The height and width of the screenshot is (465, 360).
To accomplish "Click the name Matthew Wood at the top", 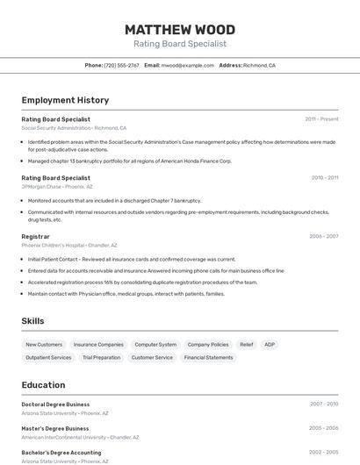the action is coord(179,29).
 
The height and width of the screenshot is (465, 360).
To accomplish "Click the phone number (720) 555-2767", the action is coord(121,66).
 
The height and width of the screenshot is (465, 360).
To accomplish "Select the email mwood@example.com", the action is coord(188,66).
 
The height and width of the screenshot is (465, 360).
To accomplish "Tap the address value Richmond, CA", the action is coord(259,66).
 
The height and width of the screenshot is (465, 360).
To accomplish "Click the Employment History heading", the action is coord(65,100).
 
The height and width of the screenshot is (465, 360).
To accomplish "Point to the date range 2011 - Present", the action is coord(321,119).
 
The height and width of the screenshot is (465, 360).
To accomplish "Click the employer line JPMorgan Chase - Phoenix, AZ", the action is coord(57,186).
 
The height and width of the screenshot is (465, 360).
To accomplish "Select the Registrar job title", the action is coord(36,236).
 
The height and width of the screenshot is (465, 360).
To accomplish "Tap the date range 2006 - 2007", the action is coord(323,236).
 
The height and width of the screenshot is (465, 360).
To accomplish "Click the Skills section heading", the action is coord(33,321).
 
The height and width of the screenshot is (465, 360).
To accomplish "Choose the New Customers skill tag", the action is coord(44,345).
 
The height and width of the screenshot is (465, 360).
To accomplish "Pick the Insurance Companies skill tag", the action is coord(98,345).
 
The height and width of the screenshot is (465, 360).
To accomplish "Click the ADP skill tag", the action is coord(270,345).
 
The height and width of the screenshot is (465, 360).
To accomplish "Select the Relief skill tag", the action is coord(247,345).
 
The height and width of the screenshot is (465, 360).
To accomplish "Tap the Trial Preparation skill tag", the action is coord(101,358).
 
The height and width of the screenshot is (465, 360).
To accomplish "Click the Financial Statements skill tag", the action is coord(208,358).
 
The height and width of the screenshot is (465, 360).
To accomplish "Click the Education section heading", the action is coord(43,385).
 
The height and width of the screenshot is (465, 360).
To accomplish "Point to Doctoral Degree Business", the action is coord(55,404).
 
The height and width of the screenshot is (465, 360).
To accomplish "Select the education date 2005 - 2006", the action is coord(323,428).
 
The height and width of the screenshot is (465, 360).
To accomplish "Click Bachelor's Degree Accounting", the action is coord(61,453).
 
